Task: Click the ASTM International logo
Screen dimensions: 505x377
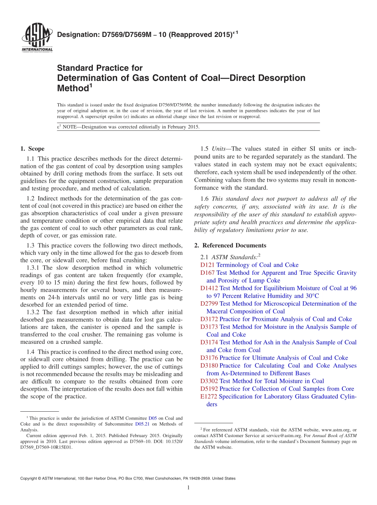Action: click(37, 38)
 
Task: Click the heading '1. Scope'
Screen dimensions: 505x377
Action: click(32, 149)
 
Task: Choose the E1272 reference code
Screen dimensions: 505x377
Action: click(209, 397)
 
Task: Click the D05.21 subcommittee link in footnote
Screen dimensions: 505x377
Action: click(142, 424)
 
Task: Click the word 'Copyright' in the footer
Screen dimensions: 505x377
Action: click(30, 478)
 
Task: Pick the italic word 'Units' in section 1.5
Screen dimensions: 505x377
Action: click(219, 149)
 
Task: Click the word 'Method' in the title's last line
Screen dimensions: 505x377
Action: click(73, 88)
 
